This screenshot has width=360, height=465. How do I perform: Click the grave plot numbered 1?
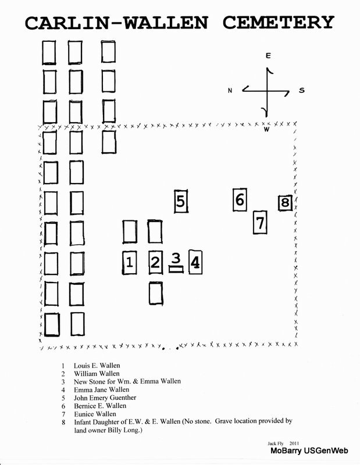[130, 262]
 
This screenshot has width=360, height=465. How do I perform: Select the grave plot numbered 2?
[155, 262]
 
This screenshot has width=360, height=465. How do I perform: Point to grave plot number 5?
[181, 202]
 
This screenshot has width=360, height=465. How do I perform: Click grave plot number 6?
[240, 201]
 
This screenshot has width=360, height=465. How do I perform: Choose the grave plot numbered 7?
[261, 222]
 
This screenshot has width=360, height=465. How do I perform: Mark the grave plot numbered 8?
[284, 203]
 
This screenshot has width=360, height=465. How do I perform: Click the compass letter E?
[268, 56]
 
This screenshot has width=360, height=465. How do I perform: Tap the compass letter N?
[230, 90]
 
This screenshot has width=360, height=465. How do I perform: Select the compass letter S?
[301, 90]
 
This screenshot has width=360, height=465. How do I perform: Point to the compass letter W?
[266, 129]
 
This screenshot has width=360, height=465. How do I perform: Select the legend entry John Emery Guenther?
[105, 398]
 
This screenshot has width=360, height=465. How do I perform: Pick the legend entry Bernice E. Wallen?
[100, 406]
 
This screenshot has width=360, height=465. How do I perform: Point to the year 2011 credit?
[295, 443]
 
